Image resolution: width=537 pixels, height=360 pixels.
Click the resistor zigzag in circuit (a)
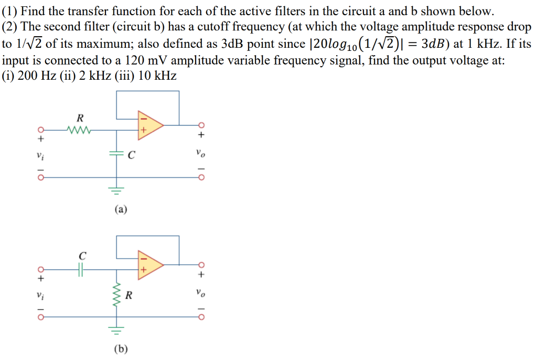[79, 129]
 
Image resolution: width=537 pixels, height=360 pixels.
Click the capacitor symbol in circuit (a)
[116, 154]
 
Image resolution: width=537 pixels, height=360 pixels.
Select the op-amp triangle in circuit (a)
[148, 125]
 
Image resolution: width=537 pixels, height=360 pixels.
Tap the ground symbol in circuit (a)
[116, 190]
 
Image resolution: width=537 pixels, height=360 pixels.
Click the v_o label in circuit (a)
[200, 153]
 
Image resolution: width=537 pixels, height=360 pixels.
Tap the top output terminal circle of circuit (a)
[200, 125]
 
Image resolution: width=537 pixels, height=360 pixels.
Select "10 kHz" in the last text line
[158, 76]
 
